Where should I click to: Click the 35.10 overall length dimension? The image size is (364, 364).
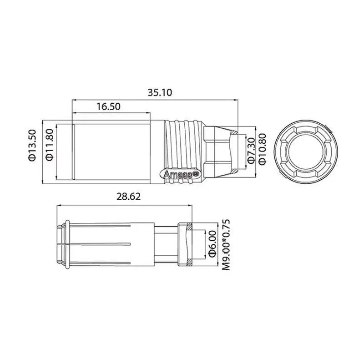click(x=160, y=92)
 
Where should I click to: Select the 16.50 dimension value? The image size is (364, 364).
click(x=108, y=106)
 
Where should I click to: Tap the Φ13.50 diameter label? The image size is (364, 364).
click(x=32, y=145)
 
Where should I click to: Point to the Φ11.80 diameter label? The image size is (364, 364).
click(x=50, y=144)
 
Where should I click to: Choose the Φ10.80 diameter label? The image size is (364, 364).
click(x=262, y=149)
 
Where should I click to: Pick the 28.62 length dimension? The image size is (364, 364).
click(x=129, y=197)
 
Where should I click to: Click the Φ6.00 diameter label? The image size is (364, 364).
click(x=212, y=244)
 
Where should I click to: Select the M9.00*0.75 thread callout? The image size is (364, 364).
click(x=226, y=245)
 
